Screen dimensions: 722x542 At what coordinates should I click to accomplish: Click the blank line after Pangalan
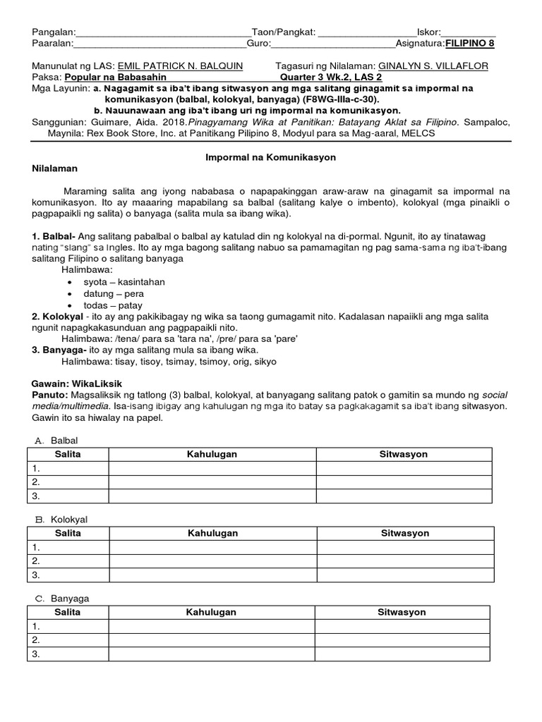[163, 32]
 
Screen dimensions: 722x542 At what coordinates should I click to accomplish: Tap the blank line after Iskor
[469, 32]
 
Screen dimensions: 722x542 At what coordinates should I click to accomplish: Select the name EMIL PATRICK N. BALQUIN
[180, 66]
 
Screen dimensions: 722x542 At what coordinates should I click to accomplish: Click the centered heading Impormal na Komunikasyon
[270, 157]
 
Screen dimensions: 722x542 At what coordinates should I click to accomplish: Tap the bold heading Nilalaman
[55, 169]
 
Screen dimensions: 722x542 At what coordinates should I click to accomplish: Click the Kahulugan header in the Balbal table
[212, 454]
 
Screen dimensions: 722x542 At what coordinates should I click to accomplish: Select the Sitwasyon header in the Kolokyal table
[405, 533]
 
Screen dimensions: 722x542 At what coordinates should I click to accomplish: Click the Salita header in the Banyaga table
[68, 612]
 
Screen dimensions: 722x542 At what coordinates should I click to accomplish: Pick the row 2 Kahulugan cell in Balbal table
[212, 482]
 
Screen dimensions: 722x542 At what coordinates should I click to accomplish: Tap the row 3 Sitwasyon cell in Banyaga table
[402, 654]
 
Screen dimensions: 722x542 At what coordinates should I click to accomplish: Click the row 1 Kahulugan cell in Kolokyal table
[212, 547]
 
